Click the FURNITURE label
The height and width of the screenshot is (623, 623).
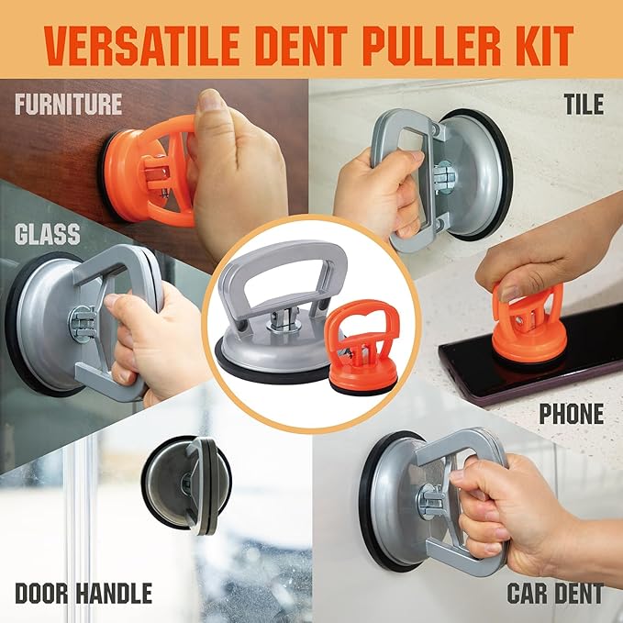pyautogui.click(x=68, y=103)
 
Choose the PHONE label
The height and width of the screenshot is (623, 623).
pyautogui.click(x=571, y=413)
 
